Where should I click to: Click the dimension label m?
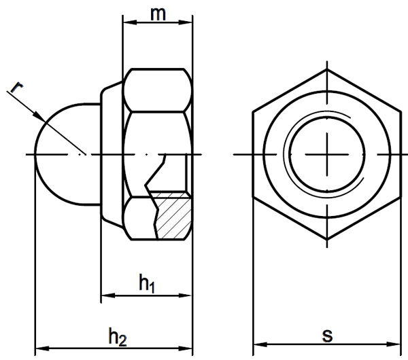coord(158,14)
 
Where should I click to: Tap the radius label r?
coord(16,87)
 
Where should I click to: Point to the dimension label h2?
coord(118,337)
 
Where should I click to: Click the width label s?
coord(327,336)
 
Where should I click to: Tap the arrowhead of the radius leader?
coord(39,117)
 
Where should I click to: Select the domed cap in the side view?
coord(67,154)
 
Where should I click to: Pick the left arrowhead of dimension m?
coord(129,22)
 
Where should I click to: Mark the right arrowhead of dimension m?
coord(186,22)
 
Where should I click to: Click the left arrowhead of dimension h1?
coord(108,295)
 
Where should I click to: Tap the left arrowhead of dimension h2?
coord(42,348)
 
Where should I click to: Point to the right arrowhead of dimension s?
coord(394,344)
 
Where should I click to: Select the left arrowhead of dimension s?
coord(260,344)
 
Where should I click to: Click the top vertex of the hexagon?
coord(327,69)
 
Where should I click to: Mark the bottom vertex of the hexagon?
coord(327,239)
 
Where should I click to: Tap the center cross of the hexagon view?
coord(327,154)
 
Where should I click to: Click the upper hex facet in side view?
coord(158,90)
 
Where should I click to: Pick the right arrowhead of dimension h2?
coord(185,348)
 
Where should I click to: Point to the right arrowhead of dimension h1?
coord(185,295)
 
